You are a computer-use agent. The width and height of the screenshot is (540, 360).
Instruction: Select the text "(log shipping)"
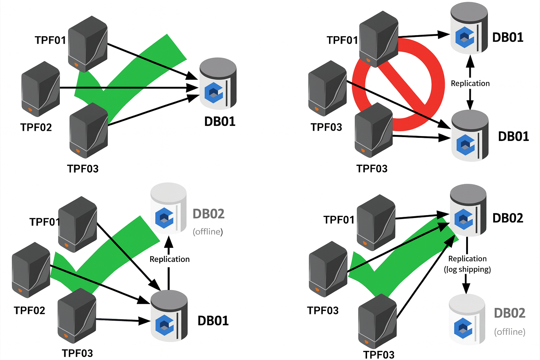click(x=467, y=269)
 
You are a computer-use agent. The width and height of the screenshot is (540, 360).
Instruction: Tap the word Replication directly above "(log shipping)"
click(x=467, y=259)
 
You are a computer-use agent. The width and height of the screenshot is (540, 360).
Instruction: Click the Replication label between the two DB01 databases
click(x=470, y=83)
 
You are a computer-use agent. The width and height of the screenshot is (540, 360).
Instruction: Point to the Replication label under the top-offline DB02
click(x=169, y=259)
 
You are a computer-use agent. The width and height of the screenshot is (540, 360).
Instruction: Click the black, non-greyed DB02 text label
click(x=508, y=218)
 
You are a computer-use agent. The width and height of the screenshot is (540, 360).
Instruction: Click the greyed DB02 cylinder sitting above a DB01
click(x=168, y=208)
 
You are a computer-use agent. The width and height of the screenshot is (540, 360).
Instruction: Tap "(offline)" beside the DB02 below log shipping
click(x=509, y=332)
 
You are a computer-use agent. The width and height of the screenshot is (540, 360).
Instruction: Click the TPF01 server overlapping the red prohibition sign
click(x=378, y=39)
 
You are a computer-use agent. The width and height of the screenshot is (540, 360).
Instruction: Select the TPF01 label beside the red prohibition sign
click(x=342, y=40)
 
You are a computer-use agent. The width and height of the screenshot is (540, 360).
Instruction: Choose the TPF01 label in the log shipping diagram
click(x=339, y=220)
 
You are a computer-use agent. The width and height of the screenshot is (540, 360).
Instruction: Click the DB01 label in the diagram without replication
click(x=220, y=121)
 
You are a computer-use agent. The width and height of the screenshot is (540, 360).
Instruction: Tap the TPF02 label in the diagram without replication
click(x=36, y=127)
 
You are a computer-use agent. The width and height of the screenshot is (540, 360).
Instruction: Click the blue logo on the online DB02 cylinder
click(x=463, y=219)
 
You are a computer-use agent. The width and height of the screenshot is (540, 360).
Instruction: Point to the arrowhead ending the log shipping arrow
click(x=466, y=288)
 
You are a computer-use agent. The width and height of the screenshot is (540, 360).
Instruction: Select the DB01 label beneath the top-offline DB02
click(x=213, y=321)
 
